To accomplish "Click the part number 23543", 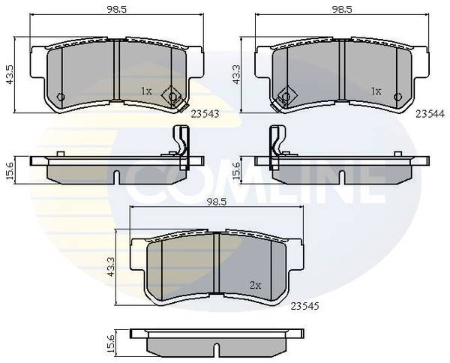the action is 205,114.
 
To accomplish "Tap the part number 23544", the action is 430,114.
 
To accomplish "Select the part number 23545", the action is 304,306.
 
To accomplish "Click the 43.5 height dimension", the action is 10,74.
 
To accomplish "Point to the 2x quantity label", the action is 255,285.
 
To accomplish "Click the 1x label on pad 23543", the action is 146,91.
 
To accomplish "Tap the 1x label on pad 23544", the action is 376,91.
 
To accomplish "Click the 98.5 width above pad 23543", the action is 117,10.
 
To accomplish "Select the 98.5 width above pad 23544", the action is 342,10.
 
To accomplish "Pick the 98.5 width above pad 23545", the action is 217,202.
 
